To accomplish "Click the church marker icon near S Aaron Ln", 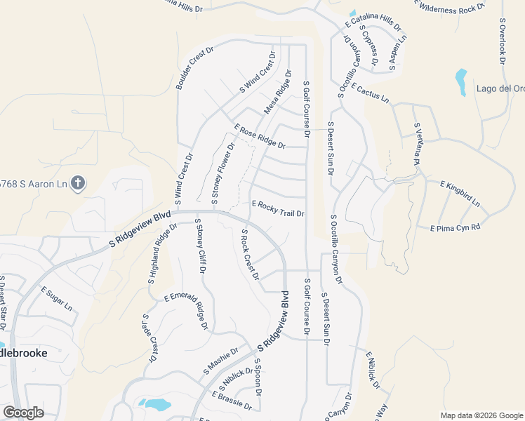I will [78, 184].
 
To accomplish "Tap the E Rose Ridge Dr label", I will [260, 137].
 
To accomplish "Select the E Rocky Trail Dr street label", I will [277, 208].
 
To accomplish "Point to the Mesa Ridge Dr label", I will [277, 92].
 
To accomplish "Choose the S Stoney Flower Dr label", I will [223, 173].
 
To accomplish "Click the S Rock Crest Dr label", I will [249, 253].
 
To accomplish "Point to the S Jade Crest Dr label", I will [149, 338].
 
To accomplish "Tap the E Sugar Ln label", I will [56, 298].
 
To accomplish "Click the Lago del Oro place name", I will [500, 88].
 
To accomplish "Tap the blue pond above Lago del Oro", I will [461, 81].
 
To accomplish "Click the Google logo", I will [23, 413].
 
